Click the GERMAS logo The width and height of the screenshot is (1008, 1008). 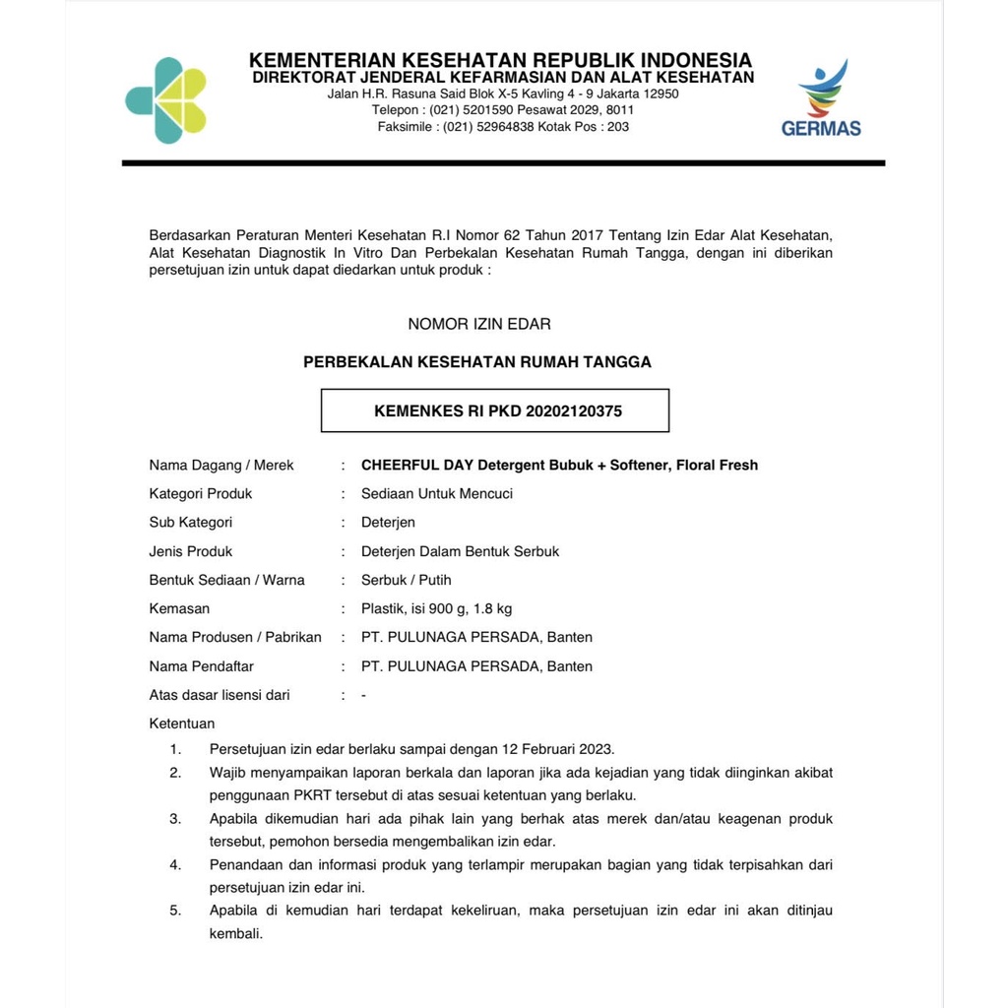[821, 98]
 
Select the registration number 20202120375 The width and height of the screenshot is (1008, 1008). [575, 411]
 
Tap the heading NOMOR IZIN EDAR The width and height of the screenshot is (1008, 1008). [479, 324]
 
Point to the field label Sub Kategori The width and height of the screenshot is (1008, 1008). [191, 523]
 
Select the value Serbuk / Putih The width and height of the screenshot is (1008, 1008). [407, 580]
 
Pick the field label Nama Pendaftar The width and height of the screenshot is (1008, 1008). [201, 666]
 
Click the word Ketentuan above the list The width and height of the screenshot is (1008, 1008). [182, 724]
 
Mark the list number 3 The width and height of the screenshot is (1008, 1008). [175, 819]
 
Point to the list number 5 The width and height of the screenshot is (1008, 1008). [175, 911]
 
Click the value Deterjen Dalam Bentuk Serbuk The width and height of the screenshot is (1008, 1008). [460, 551]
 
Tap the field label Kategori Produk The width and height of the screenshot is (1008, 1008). [201, 493]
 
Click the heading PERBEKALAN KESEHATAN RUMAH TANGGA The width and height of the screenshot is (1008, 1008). [477, 362]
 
